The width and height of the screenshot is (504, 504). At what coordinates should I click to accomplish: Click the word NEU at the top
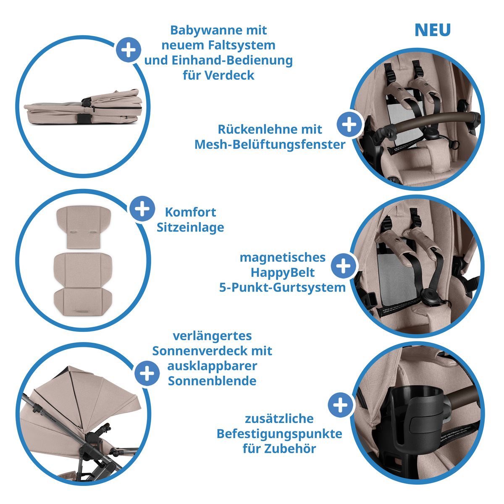point(432,30)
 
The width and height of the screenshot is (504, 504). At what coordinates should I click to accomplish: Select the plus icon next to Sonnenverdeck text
point(147,373)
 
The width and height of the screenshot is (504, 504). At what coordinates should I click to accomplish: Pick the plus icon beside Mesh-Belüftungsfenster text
point(349,124)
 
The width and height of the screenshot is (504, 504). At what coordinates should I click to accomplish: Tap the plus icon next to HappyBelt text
point(344,265)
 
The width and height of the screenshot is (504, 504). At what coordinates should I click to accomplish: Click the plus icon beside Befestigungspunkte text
point(340,405)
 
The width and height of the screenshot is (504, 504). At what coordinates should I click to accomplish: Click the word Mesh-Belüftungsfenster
point(270,144)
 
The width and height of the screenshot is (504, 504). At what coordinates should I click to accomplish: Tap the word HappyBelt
point(282,273)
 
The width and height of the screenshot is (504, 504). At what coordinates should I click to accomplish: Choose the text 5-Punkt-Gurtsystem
point(282,288)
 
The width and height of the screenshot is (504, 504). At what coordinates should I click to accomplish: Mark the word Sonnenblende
point(212,381)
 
